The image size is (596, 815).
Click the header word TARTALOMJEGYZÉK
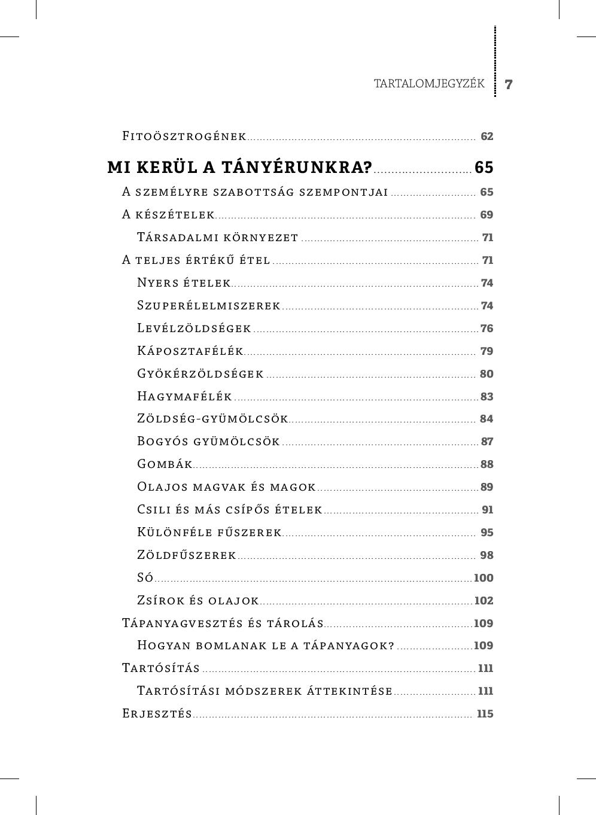click(x=429, y=84)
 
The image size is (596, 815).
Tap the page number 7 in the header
click(x=509, y=84)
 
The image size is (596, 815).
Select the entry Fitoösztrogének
click(x=184, y=136)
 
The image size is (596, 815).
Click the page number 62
click(x=487, y=136)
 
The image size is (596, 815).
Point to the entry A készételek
click(x=168, y=215)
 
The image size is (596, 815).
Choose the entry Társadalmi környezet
click(x=218, y=238)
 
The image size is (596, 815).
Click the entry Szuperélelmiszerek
click(x=209, y=306)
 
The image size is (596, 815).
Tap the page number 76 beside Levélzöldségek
click(x=487, y=329)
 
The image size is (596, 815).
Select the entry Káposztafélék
click(x=190, y=351)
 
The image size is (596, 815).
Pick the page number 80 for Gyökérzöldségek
click(x=486, y=374)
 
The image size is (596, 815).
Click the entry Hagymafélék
click(x=184, y=397)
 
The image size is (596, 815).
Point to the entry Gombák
click(x=165, y=464)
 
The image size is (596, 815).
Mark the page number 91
click(x=488, y=510)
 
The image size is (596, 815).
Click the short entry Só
click(x=145, y=578)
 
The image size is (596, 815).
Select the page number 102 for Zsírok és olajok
click(x=484, y=601)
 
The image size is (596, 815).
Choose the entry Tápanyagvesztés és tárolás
click(x=223, y=624)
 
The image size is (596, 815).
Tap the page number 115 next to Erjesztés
click(x=485, y=714)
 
